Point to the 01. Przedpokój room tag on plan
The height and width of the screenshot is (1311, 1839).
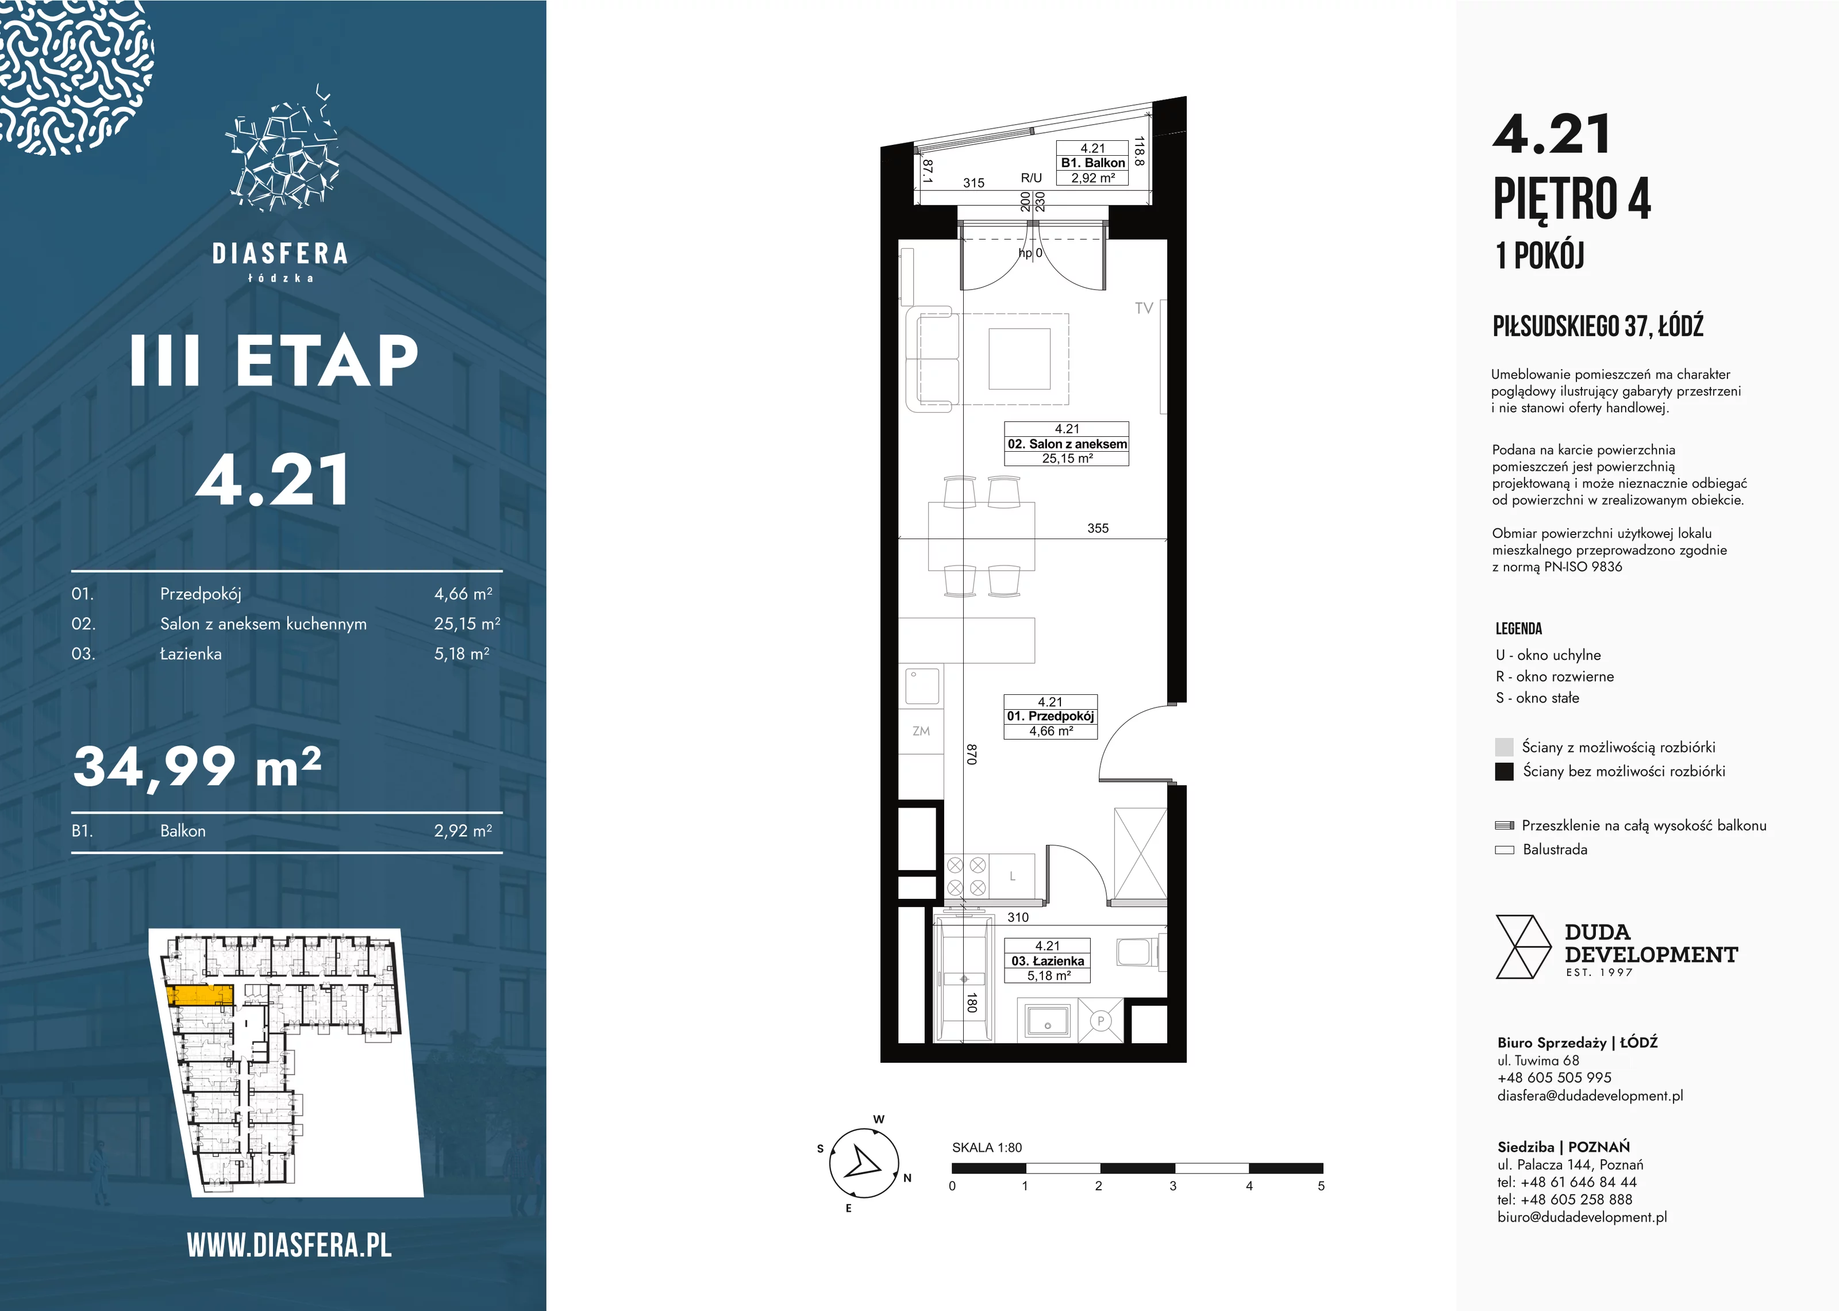1050,717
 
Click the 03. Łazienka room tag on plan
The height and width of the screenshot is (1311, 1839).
1048,960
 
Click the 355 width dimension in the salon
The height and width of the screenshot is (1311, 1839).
1098,528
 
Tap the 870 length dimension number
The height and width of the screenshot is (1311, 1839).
972,754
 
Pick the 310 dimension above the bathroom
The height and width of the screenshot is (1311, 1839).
1018,917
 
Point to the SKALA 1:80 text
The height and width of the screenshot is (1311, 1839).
987,1147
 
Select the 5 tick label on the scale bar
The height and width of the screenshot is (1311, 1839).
1321,1186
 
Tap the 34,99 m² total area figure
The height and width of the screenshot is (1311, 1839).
198,766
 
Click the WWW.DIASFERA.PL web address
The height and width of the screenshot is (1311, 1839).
289,1245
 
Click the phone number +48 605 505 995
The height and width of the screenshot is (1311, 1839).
1554,1078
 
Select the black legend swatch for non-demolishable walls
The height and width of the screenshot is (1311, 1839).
1504,771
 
